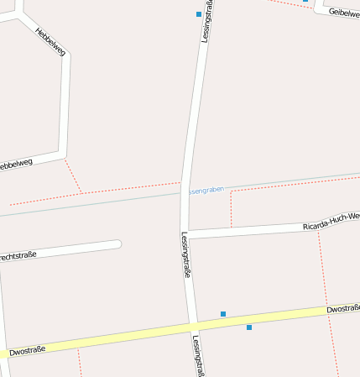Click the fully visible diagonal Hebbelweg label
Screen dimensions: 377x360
pyautogui.click(x=50, y=41)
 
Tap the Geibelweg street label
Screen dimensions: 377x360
pyautogui.click(x=344, y=13)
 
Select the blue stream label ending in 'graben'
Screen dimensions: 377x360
pyautogui.click(x=206, y=191)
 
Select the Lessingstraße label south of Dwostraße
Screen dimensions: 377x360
pyautogui.click(x=197, y=356)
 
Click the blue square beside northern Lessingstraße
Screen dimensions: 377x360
pyautogui.click(x=199, y=14)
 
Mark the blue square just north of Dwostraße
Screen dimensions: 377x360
pyautogui.click(x=223, y=314)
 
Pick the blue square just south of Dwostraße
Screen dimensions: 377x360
pyautogui.click(x=249, y=327)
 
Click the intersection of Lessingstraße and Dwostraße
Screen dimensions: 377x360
pyautogui.click(x=193, y=326)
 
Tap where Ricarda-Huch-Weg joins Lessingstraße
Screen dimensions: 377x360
pyautogui.click(x=186, y=233)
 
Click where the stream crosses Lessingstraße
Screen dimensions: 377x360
pyautogui.click(x=183, y=193)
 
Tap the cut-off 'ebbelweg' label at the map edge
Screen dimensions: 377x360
pyautogui.click(x=17, y=163)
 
